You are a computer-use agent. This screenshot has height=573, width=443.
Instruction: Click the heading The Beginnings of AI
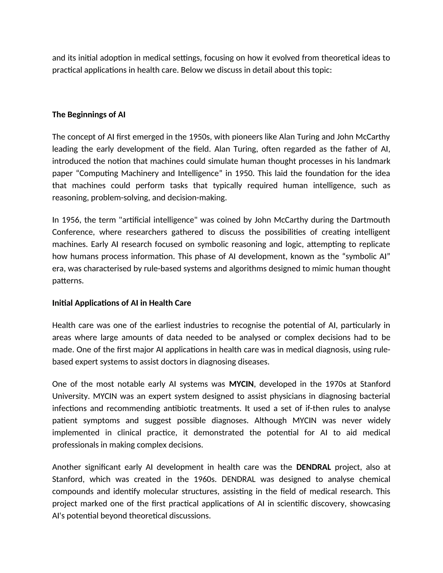89,115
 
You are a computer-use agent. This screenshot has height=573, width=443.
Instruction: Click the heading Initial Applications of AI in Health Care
122,303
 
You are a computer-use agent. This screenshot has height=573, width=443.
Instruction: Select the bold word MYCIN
241,384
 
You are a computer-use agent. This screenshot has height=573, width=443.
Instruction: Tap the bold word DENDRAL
313,467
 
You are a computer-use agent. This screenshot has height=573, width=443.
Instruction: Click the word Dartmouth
370,220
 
